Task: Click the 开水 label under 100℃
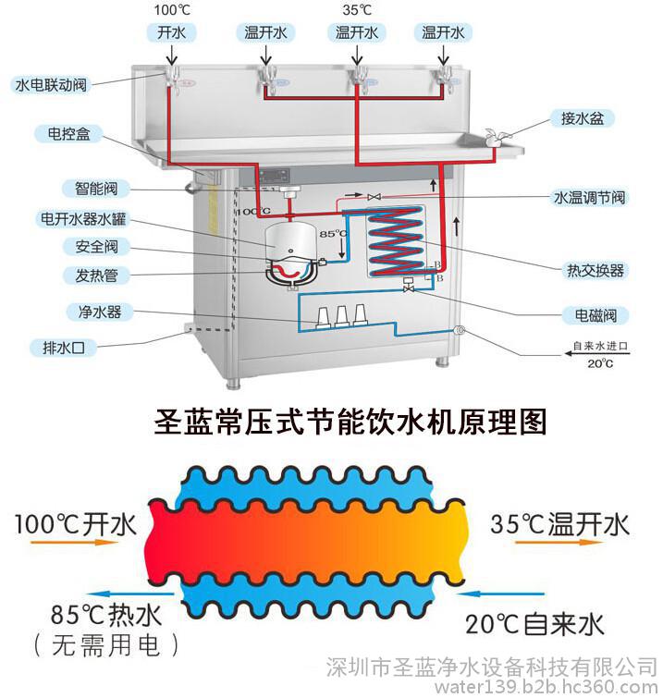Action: point(171,32)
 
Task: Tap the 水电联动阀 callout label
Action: point(51,84)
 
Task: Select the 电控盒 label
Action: point(69,133)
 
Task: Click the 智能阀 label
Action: point(96,189)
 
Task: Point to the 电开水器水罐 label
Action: point(83,219)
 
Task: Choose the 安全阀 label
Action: point(96,247)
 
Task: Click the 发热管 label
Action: point(96,276)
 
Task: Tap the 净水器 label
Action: point(100,312)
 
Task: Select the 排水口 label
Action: point(64,348)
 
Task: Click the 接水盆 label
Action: point(582,118)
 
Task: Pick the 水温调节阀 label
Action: point(589,197)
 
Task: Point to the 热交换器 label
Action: point(595,270)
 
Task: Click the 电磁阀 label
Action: point(595,315)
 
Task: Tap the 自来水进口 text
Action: point(600,346)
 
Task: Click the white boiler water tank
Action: point(290,241)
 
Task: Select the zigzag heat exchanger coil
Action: point(395,240)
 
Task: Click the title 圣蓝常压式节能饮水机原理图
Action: point(350,422)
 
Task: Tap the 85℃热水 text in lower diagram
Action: point(105,615)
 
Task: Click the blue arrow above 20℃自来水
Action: point(500,594)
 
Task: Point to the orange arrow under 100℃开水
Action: point(74,543)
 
